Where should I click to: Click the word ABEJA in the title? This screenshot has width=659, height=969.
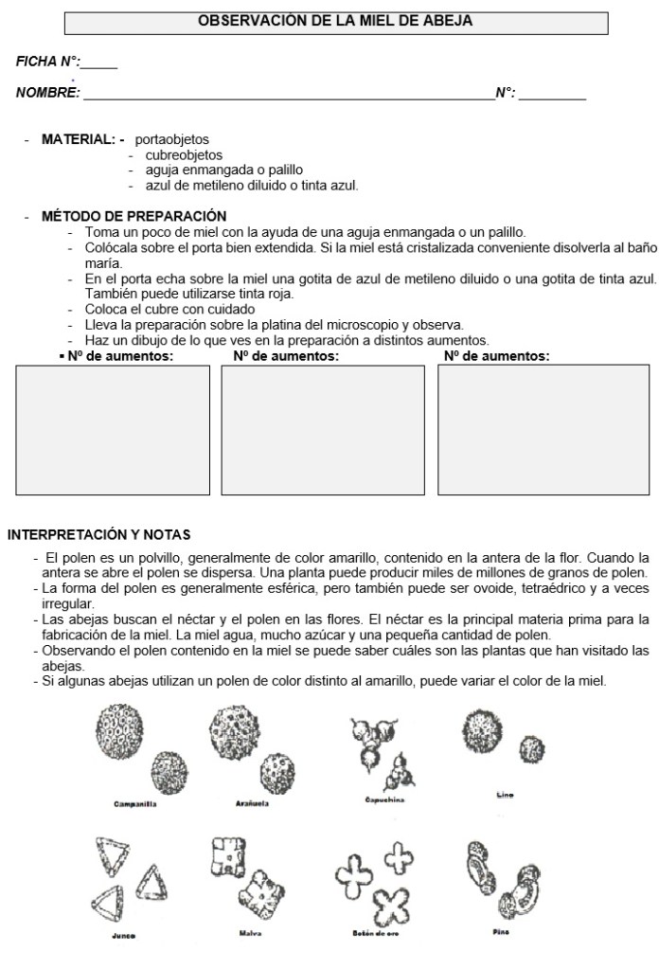(x=449, y=20)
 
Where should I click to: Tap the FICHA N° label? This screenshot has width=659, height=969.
(x=48, y=62)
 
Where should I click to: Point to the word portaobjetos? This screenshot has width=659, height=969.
(x=172, y=139)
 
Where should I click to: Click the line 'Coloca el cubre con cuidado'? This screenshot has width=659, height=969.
(x=169, y=309)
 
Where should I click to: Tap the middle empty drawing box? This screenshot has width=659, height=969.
(x=323, y=430)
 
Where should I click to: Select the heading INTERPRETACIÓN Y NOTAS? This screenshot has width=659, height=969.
(x=99, y=534)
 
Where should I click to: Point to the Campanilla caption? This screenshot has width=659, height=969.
(x=134, y=804)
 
